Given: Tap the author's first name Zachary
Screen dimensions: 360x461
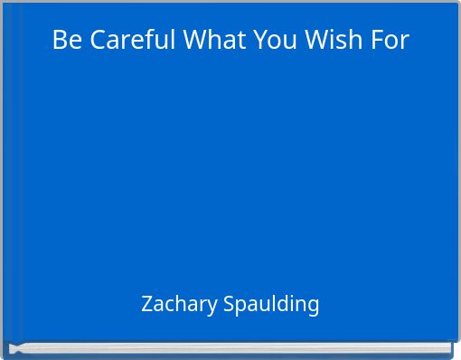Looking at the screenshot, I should [x=178, y=304].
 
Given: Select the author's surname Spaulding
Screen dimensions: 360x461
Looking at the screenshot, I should [x=270, y=304].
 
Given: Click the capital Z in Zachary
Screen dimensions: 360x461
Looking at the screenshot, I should [x=147, y=304].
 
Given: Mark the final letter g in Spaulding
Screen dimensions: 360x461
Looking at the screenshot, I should [x=313, y=306].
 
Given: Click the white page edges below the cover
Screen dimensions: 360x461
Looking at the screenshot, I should [x=230, y=347].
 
